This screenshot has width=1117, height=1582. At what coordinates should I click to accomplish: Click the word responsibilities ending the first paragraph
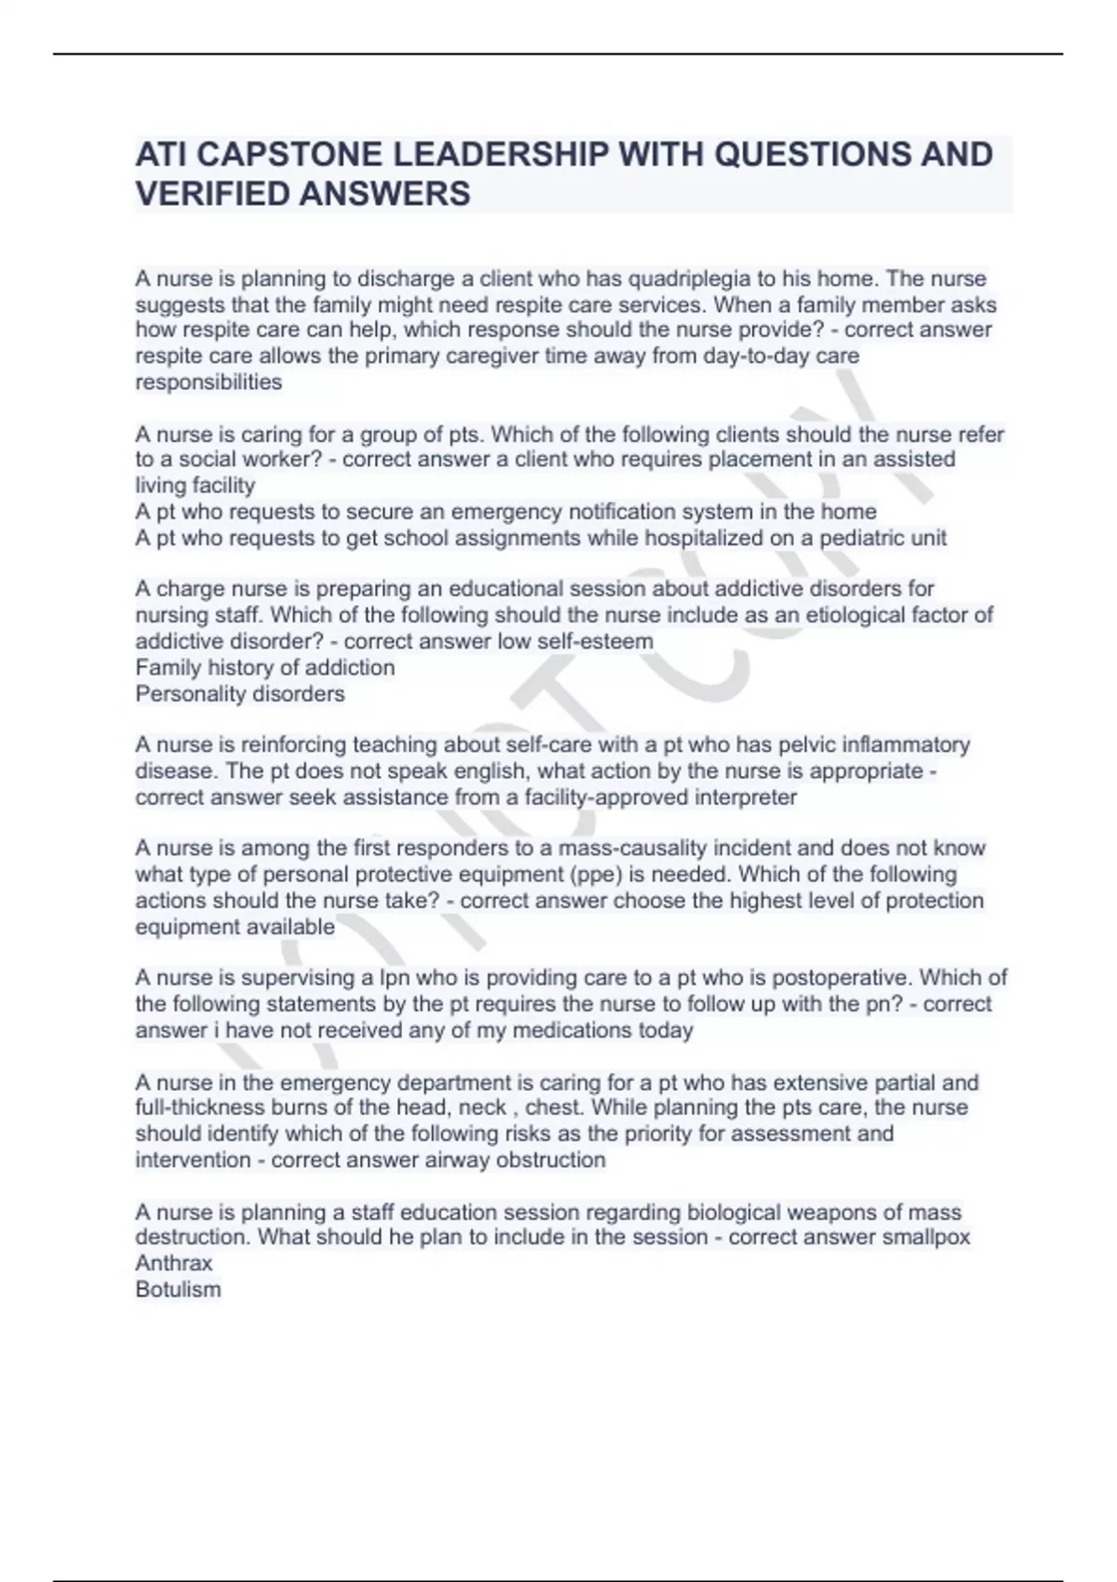coord(209,382)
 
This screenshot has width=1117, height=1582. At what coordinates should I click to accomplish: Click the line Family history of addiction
coord(265,667)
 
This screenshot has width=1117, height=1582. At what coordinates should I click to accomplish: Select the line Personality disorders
coord(240,693)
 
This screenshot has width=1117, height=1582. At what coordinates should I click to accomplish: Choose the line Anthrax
coord(174,1263)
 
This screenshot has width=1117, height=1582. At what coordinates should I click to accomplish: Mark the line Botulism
coord(178,1289)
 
